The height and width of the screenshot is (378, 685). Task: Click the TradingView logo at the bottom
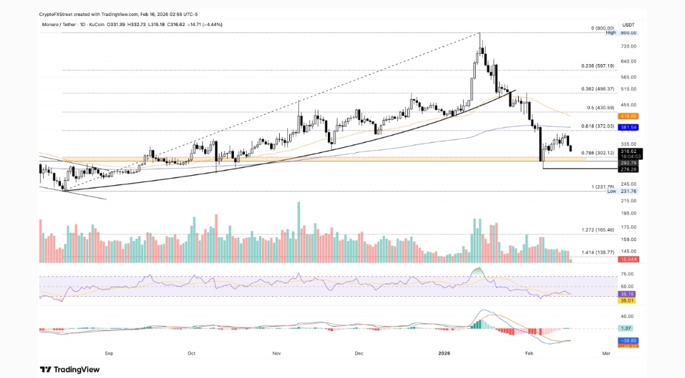pos(70,369)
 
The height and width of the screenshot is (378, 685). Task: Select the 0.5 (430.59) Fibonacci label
pos(597,107)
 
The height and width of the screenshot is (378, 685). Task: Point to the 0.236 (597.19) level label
pos(597,66)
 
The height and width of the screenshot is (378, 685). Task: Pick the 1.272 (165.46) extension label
pos(597,230)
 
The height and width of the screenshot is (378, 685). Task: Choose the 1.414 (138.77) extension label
pos(597,252)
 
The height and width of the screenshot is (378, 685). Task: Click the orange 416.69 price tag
pos(629,116)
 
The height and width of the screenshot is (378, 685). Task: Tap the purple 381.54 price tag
pos(629,127)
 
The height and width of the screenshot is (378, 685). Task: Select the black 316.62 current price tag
pos(629,151)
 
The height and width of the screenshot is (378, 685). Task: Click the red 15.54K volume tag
pos(629,259)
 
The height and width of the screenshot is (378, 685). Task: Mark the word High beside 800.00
pos(611,32)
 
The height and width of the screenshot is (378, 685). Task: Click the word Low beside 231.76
pos(611,191)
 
